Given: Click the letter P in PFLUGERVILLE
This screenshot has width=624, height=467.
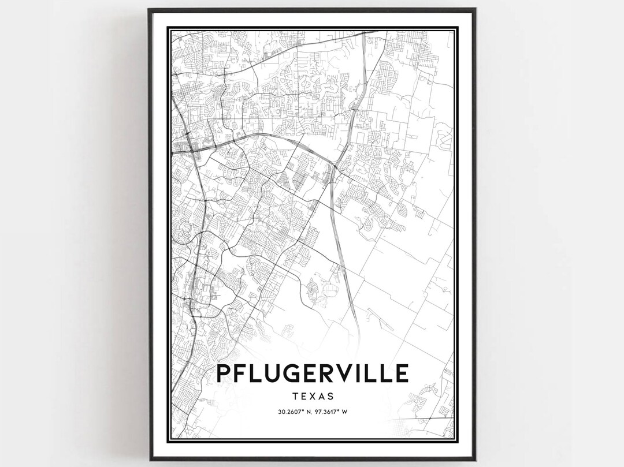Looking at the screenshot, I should click(x=225, y=373).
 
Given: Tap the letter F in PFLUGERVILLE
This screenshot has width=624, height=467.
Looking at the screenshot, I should click(x=242, y=373).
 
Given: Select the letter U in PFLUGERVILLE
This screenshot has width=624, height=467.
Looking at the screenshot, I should click(x=273, y=373).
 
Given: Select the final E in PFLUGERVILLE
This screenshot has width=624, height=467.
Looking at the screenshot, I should click(x=403, y=373).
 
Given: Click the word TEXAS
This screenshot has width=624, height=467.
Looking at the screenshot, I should click(x=312, y=397).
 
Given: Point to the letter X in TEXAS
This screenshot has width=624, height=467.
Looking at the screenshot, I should click(x=312, y=397).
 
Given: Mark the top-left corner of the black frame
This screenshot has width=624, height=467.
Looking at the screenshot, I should click(x=149, y=9).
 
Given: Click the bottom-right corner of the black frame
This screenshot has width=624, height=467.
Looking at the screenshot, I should click(x=475, y=459).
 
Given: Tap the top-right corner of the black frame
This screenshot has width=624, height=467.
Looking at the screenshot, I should click(x=475, y=9).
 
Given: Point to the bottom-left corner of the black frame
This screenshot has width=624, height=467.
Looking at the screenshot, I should click(x=149, y=459).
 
